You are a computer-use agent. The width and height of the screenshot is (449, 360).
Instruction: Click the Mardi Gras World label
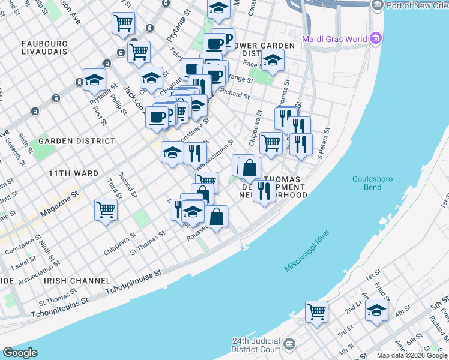[334, 40]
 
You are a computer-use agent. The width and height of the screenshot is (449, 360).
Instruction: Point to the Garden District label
[77, 141]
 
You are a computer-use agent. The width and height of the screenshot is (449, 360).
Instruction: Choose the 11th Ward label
[73, 173]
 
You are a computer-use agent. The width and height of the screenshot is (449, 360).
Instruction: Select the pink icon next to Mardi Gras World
[376, 40]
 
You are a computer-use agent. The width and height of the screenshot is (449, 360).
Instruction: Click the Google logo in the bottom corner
[20, 353]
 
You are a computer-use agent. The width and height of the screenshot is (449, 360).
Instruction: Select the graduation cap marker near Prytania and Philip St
[94, 80]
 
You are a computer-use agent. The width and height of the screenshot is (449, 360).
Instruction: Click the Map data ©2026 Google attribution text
[412, 355]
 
